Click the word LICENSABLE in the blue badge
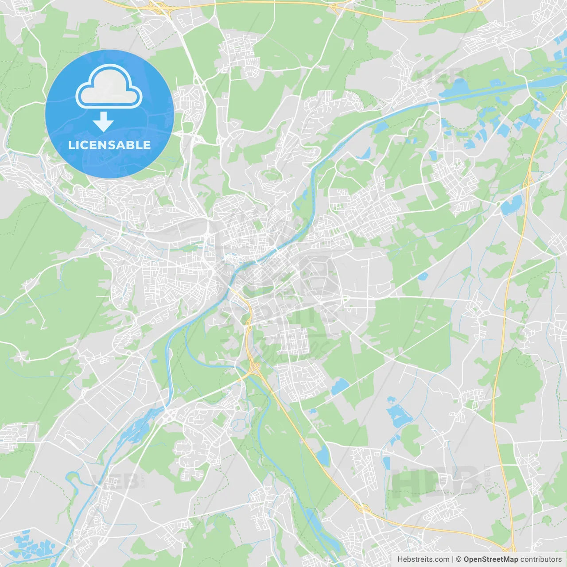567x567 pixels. [x=109, y=145]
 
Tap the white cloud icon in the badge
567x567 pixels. [x=109, y=86]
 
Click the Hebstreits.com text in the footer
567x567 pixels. [x=423, y=559]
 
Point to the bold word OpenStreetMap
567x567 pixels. [x=490, y=559]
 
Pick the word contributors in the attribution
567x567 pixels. [x=541, y=559]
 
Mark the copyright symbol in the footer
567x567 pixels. [x=458, y=559]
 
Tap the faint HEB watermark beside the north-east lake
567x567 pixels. [x=439, y=75]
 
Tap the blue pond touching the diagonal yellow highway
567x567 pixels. [x=323, y=455]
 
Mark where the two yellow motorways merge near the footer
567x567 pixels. [x=509, y=549]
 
